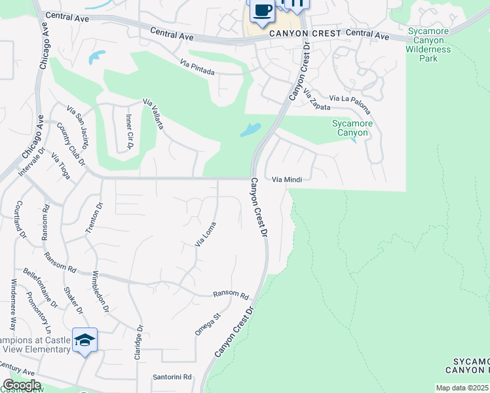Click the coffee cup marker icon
pos(262,11)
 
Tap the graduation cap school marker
pos(85,341)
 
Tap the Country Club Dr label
pos(71,143)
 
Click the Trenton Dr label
pos(95,218)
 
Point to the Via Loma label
pos(206,234)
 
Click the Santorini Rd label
pos(172,377)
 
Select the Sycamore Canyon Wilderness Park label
pos(428,45)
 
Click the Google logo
pos(22,385)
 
